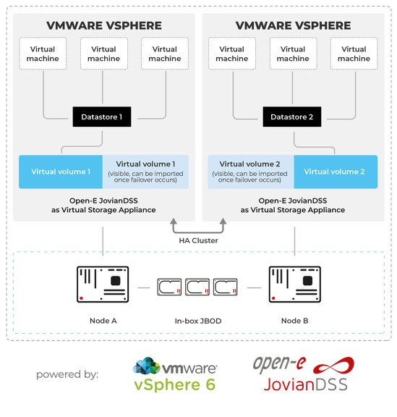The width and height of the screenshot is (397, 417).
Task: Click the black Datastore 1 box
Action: pos(101,117)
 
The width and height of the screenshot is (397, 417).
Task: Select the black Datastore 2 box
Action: pos(291,117)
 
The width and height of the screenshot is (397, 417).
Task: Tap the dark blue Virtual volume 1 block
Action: pos(61,172)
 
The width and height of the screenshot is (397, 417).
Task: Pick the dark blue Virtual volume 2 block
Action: pos(334,172)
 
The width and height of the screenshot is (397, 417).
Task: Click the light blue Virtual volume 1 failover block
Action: pos(145,172)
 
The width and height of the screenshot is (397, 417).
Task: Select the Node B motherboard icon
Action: pos(294,284)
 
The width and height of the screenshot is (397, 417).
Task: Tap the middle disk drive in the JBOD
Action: pos(197,287)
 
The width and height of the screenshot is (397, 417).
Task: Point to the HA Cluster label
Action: pos(198,240)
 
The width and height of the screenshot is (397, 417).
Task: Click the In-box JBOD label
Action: pos(197,321)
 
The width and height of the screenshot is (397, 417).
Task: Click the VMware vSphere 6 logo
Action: pos(175,375)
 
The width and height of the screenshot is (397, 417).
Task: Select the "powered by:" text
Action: pos(67,375)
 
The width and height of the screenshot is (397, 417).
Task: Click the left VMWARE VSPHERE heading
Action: pos(104,25)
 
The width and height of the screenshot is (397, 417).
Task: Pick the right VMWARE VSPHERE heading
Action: pos(294,25)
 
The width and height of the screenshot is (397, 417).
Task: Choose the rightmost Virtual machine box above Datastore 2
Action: pos(354,54)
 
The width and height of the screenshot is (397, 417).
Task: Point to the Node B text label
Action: pos(295,321)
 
